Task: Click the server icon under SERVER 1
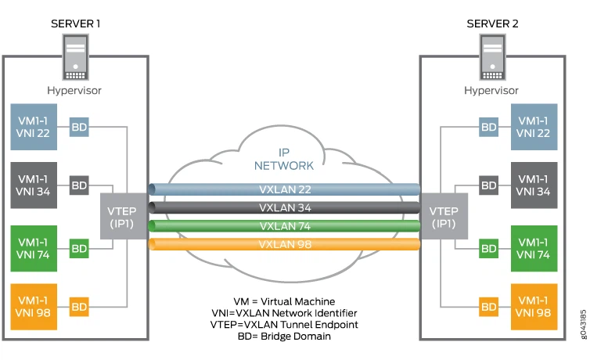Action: coord(75,59)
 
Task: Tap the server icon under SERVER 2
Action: coord(491,59)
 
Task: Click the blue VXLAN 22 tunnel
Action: coord(283,190)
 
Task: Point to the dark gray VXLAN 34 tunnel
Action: coord(283,207)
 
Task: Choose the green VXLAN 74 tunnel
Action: coord(283,226)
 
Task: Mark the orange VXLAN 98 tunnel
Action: coord(283,244)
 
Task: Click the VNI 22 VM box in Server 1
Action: coord(33,127)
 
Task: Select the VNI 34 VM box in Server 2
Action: coord(534,185)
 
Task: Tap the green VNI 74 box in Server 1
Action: coord(33,247)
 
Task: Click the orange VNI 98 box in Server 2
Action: coord(534,306)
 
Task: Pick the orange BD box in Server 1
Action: coord(79,306)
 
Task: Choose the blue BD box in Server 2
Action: coord(489,126)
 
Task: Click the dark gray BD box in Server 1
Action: coord(79,185)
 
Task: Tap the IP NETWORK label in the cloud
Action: coord(283,159)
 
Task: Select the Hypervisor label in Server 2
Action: coord(491,90)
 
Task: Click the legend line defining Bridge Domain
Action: coord(284,335)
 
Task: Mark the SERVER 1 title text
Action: coord(76,23)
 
